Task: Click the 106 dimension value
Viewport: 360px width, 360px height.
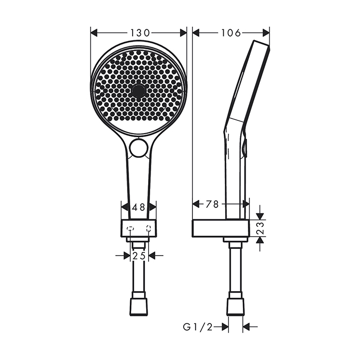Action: [231, 33]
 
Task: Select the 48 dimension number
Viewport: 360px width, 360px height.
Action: [138, 207]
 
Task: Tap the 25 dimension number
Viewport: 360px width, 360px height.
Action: [138, 256]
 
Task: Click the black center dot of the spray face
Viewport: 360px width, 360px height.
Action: [138, 92]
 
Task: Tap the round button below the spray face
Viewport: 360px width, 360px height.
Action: [138, 148]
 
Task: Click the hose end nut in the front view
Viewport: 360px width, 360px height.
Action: [138, 305]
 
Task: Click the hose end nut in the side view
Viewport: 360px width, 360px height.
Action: [236, 305]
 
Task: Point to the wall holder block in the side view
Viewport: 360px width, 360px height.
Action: [220, 228]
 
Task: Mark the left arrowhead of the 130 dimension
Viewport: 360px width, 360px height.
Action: [94, 32]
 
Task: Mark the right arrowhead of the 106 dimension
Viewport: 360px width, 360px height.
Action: [266, 32]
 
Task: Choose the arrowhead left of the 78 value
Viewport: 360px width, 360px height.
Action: [196, 204]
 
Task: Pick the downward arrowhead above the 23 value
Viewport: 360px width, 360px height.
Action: [260, 215]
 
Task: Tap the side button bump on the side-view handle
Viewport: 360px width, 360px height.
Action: [246, 148]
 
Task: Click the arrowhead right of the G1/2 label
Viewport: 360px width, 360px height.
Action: [246, 326]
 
